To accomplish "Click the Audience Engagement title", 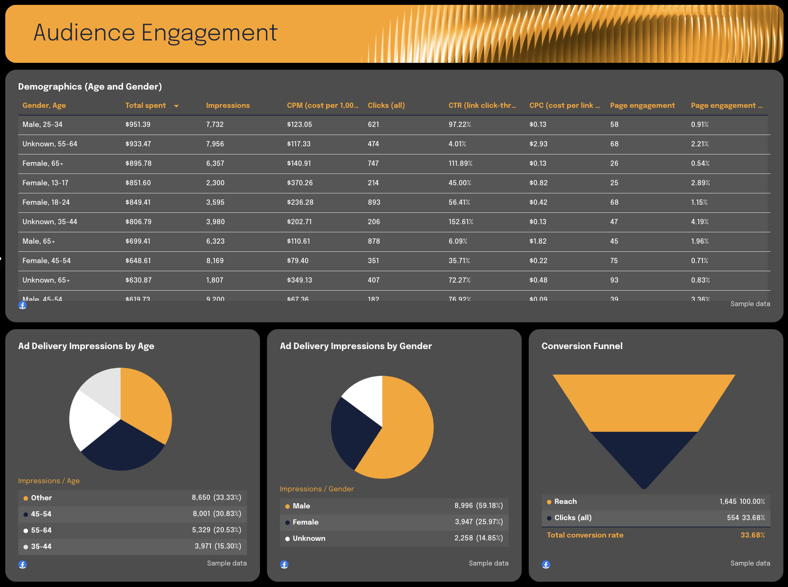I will point(155,33).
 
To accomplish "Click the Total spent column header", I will point(146,105).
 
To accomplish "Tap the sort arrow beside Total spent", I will point(176,106).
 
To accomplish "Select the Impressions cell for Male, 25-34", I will point(215,124).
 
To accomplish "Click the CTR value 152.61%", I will point(461,222).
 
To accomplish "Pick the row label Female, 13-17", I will point(45,183).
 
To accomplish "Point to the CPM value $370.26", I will point(300,183).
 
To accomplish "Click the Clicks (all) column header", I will point(386,105).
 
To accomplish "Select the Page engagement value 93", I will point(614,280).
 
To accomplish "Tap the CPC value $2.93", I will point(538,144).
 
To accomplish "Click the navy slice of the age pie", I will point(122,448).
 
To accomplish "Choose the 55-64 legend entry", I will point(41,530).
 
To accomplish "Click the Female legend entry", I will point(305,522).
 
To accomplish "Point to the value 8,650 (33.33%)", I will point(216,497).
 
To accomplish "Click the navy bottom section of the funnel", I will point(644,454).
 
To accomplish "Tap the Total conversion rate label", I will point(585,535).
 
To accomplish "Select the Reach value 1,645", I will point(728,501).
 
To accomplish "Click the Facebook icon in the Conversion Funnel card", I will point(546,564).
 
